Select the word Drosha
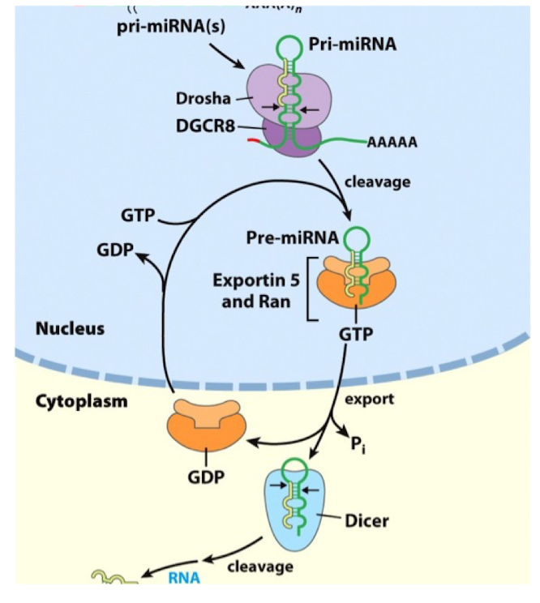203,100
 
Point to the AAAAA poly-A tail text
392,143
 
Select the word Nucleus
71,328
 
